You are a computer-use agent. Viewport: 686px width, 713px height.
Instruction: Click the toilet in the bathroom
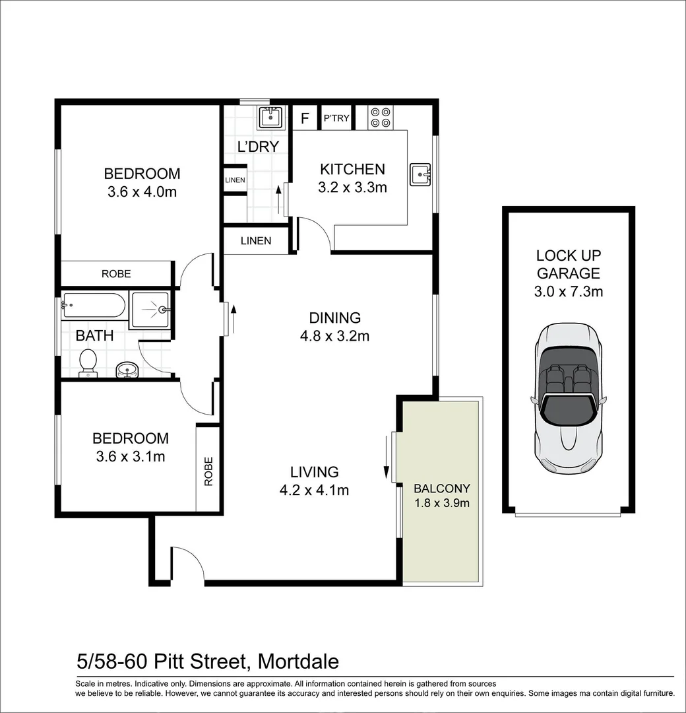click(x=88, y=363)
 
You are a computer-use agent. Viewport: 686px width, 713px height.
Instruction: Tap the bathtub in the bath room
click(x=94, y=305)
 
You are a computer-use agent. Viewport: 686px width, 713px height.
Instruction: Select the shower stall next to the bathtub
click(x=150, y=310)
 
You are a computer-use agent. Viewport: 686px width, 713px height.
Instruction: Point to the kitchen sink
click(x=420, y=174)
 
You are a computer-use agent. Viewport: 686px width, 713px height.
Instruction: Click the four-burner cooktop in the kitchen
click(x=380, y=118)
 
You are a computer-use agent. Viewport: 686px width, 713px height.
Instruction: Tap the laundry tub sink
click(x=270, y=118)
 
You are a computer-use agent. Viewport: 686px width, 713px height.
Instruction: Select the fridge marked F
click(x=305, y=118)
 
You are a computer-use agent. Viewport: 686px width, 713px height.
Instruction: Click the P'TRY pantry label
click(x=336, y=118)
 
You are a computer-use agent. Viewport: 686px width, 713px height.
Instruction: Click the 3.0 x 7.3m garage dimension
click(x=569, y=292)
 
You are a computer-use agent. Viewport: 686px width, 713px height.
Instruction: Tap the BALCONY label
click(x=441, y=489)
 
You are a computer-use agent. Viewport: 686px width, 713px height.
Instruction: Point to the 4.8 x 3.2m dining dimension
click(x=334, y=336)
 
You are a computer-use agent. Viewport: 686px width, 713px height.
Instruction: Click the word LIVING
click(x=315, y=472)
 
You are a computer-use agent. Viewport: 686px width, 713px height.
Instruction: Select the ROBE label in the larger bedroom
click(x=116, y=274)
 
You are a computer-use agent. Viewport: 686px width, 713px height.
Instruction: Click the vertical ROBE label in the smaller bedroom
click(x=208, y=471)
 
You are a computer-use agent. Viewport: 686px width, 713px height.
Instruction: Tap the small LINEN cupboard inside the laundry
click(x=235, y=180)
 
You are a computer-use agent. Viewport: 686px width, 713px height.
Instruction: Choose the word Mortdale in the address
click(x=299, y=662)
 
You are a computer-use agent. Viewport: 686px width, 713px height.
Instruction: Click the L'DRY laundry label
click(x=258, y=147)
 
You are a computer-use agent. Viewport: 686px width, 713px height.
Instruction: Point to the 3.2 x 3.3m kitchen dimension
click(x=352, y=187)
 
